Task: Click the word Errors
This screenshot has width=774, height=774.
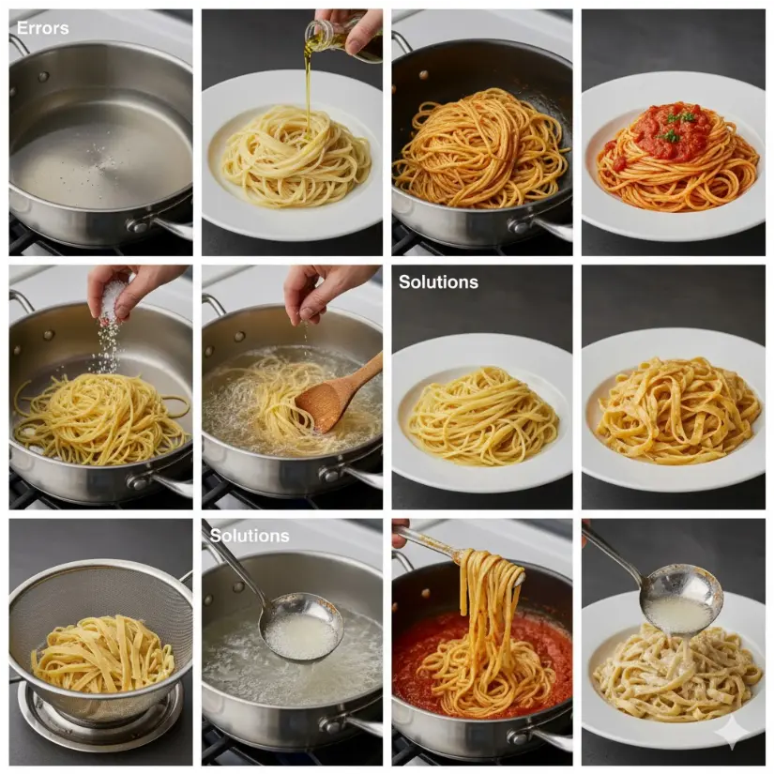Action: point(42,28)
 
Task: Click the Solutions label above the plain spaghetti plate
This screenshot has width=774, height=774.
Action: point(438,281)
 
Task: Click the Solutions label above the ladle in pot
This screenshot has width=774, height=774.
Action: point(250,536)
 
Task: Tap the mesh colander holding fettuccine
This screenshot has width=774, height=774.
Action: point(100,637)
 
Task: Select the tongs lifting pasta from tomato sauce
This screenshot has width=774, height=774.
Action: point(445,548)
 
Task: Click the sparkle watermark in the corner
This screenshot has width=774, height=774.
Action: point(732,731)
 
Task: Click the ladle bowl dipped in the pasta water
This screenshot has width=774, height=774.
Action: point(301,628)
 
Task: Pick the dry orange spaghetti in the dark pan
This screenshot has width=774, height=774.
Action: point(481,148)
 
